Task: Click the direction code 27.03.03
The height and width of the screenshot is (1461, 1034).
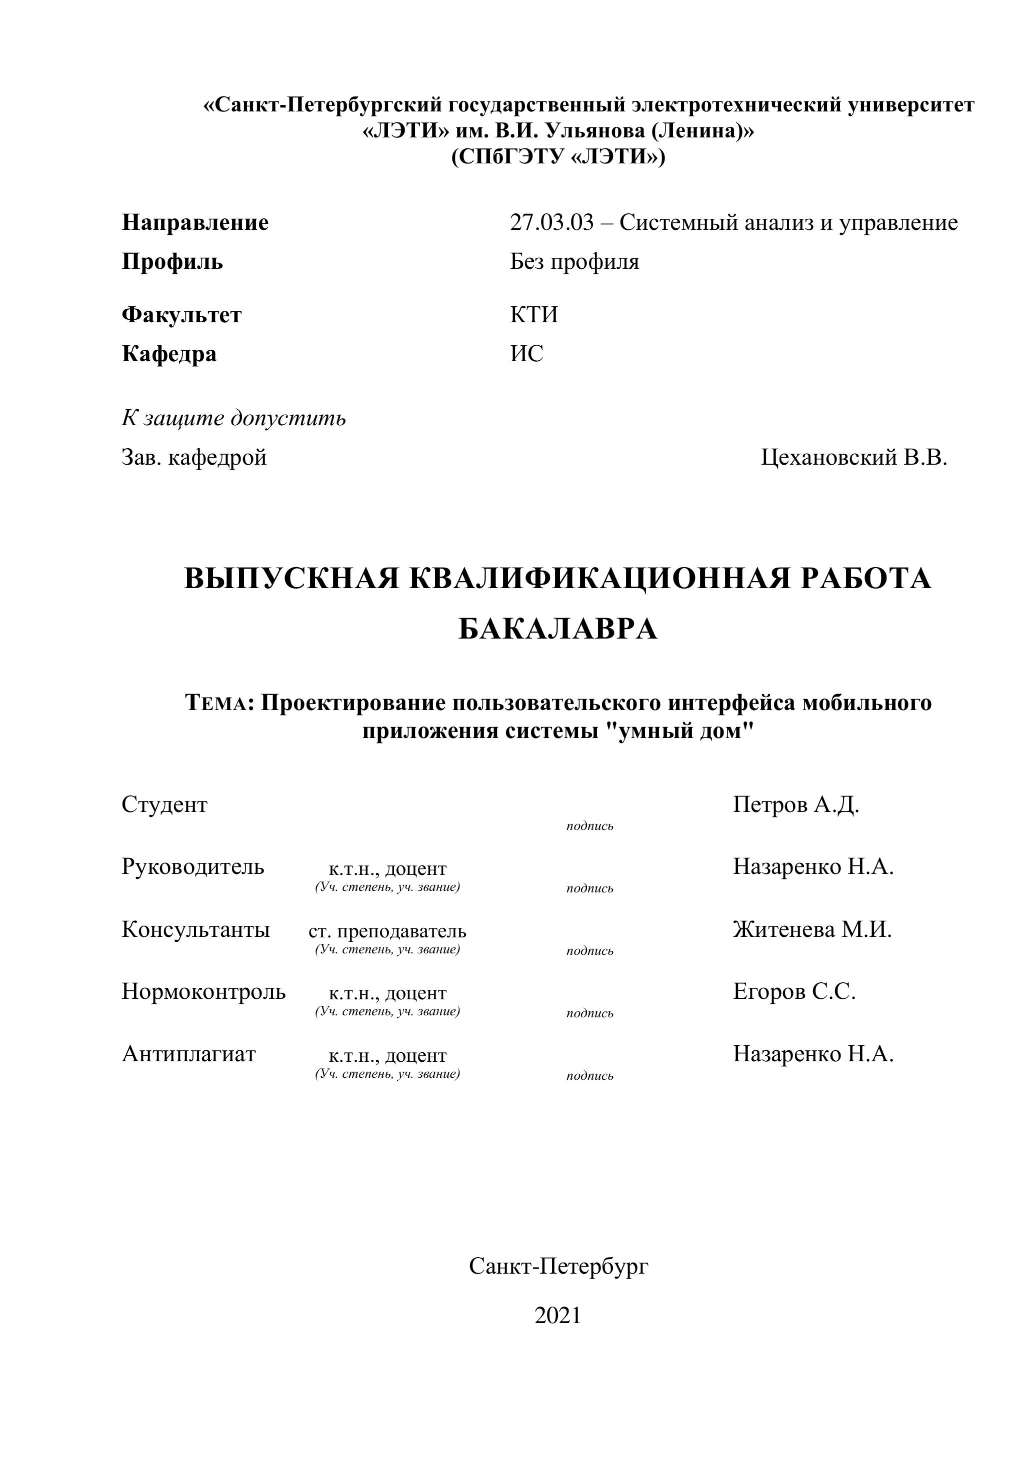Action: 551,223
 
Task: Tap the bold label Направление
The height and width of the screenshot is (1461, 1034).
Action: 195,223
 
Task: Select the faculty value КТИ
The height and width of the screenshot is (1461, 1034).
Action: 533,315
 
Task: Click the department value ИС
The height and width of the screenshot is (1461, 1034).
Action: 526,354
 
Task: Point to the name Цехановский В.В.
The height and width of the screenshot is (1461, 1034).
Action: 854,458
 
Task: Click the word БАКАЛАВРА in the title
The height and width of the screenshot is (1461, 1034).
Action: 557,630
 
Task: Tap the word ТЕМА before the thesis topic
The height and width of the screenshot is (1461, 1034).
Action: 218,703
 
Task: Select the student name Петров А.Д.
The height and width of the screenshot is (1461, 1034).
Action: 796,805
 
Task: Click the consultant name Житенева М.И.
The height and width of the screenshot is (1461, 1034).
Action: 812,930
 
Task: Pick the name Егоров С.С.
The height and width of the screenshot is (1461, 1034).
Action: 794,991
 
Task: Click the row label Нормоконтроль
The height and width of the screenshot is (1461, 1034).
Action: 203,991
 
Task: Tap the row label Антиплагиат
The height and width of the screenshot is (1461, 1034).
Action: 188,1054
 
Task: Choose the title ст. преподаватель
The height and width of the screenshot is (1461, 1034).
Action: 387,931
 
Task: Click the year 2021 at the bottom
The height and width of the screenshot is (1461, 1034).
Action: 557,1315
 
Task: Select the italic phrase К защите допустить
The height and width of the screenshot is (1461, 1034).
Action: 233,418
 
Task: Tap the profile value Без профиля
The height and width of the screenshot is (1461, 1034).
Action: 574,261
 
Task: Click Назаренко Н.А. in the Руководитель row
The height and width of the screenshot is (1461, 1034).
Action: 813,867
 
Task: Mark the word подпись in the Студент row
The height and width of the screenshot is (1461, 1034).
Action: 589,826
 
